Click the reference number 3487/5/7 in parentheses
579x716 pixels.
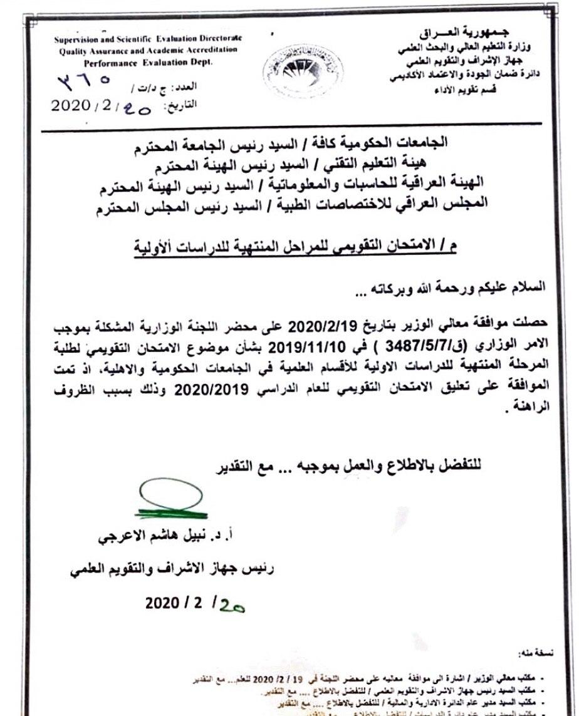point(392,347)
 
